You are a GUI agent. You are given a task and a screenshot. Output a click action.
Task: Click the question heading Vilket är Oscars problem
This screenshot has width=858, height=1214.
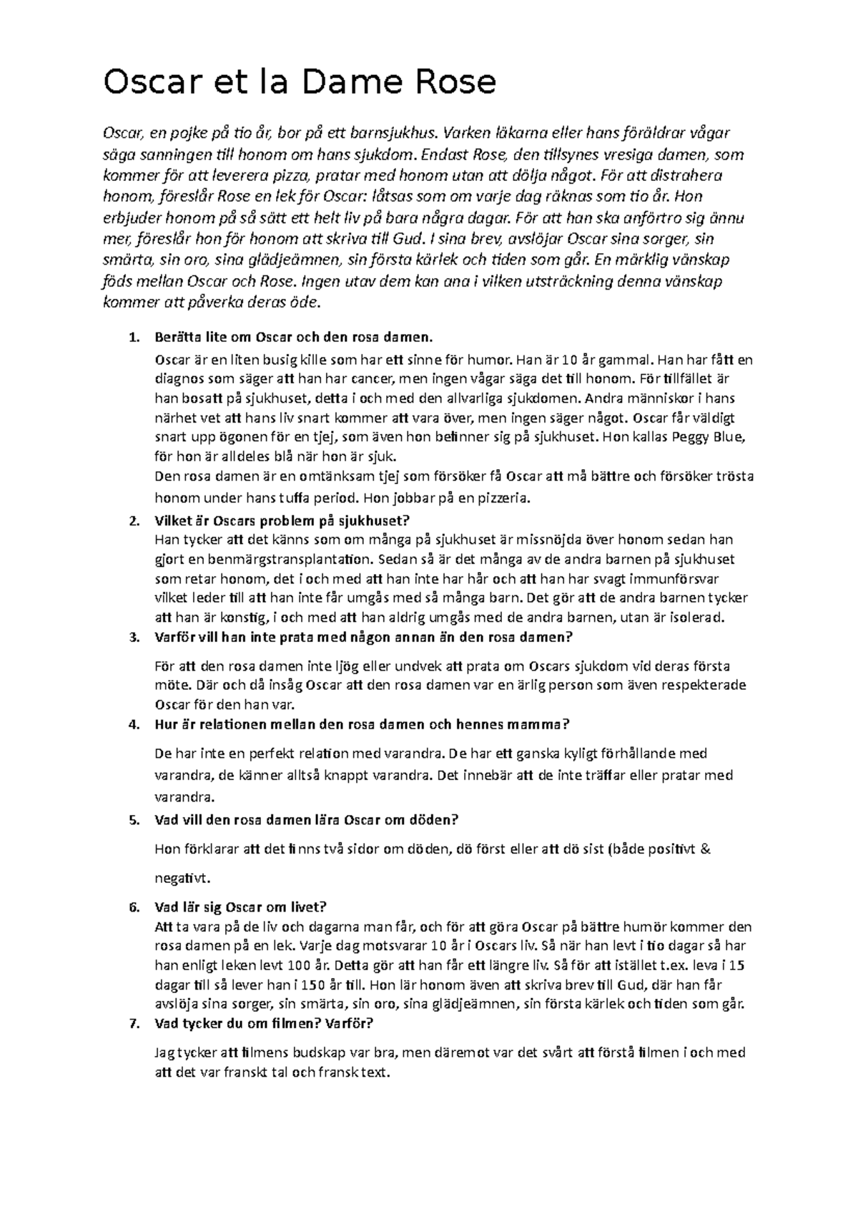[x=283, y=520]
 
